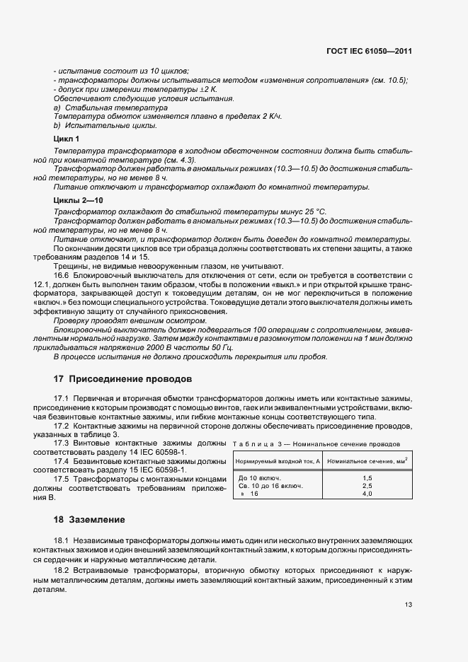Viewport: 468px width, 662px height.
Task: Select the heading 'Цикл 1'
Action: coord(67,139)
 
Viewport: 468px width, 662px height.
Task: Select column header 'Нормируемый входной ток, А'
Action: coord(278,461)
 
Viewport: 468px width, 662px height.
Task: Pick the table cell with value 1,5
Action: coord(367,478)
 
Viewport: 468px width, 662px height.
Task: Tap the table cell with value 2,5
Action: coord(367,486)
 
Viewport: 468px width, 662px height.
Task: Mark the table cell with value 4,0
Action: coord(367,494)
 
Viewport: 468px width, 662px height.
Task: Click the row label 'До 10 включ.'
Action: coord(258,478)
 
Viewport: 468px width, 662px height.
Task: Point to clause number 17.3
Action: coord(62,443)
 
